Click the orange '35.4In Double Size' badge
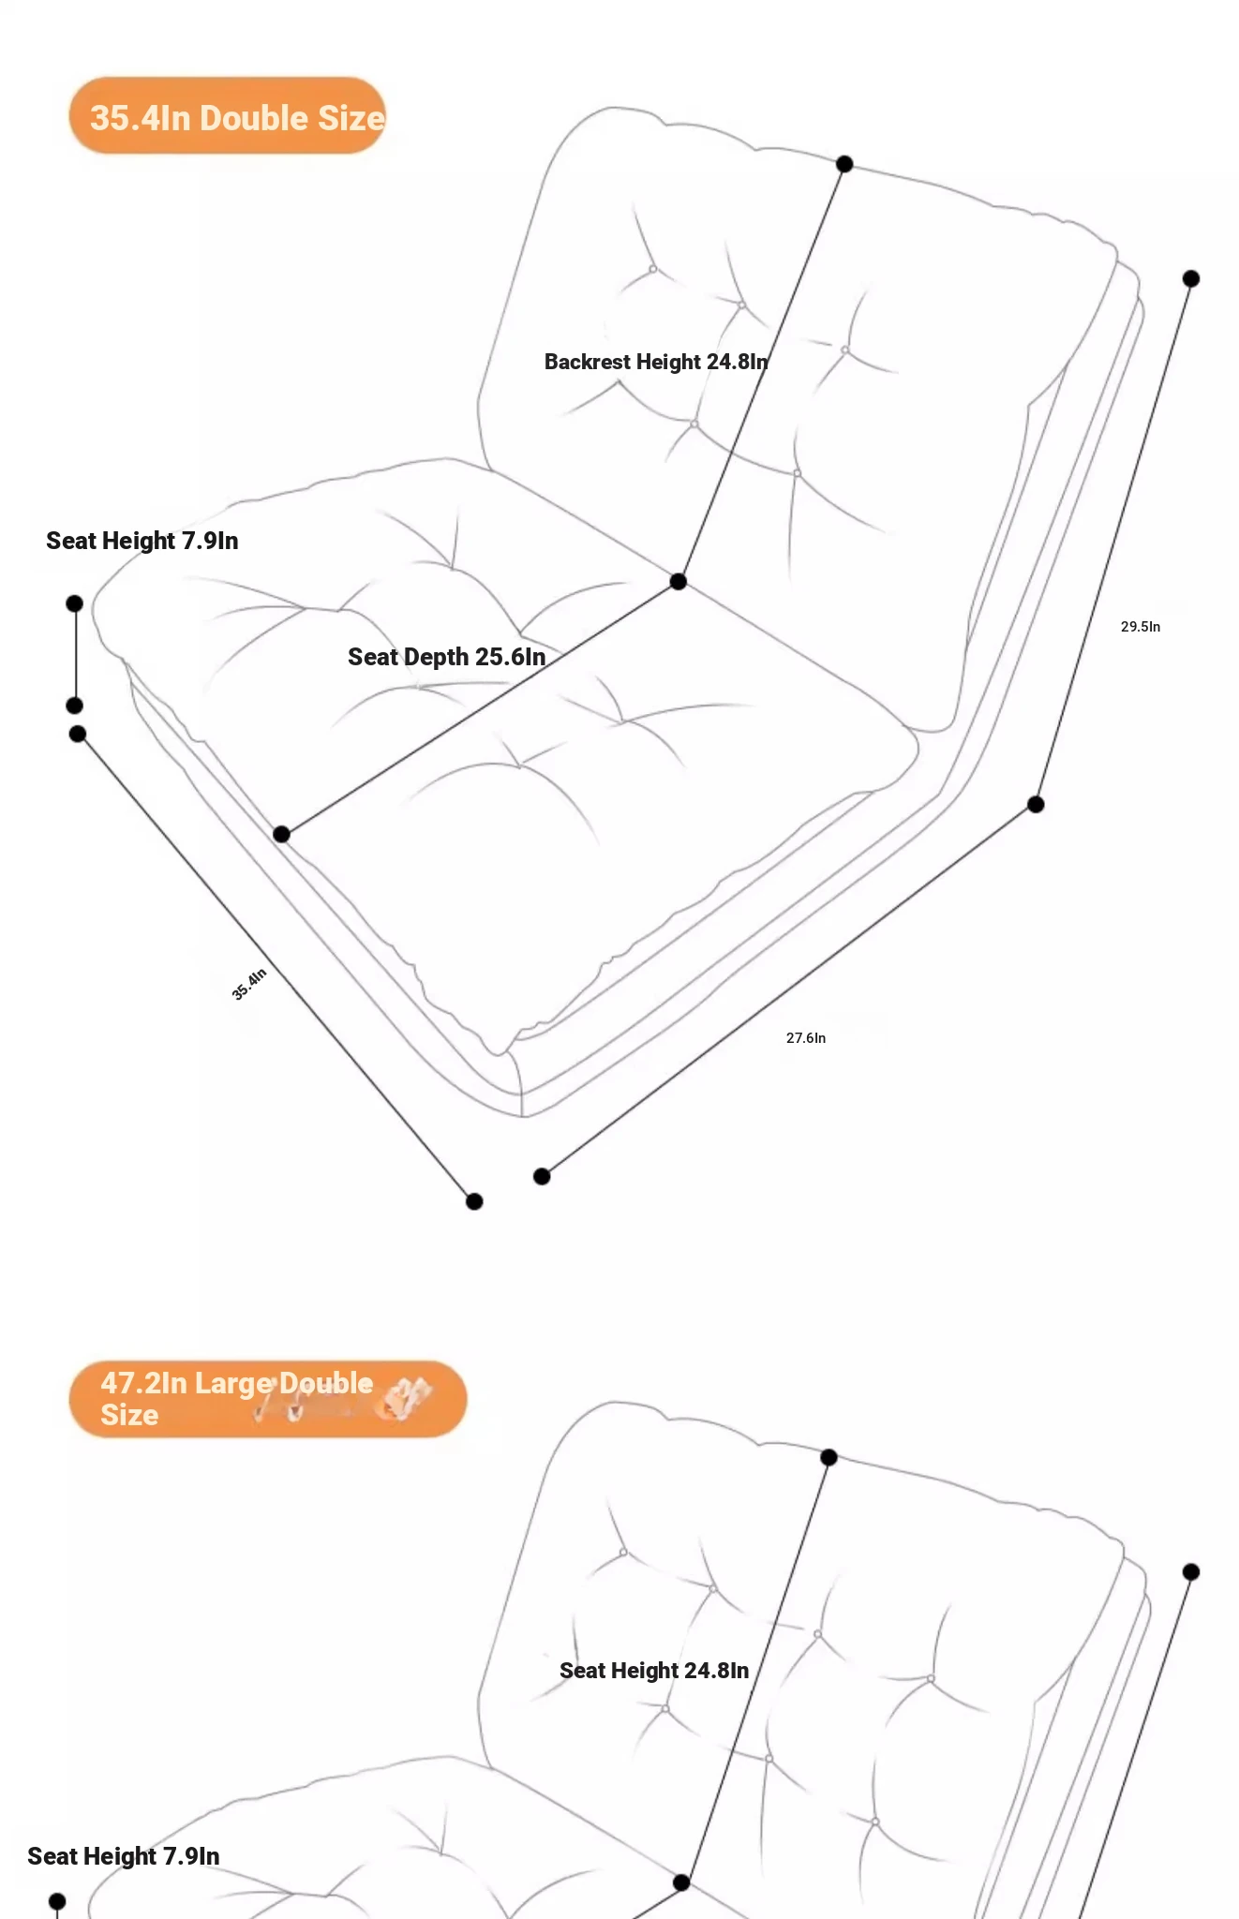point(228,116)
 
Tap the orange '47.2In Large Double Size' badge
point(267,1399)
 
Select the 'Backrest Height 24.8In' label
point(656,362)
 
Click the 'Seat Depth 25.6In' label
point(446,657)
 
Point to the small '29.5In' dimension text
point(1141,627)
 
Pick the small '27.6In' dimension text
point(806,1038)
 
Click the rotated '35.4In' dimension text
point(249,984)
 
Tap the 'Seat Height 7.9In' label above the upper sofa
point(142,541)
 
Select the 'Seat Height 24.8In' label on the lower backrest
point(654,1671)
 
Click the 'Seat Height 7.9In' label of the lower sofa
point(124,1856)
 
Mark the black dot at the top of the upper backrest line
point(844,164)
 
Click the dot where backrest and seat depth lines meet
point(679,582)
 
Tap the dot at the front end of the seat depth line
point(281,834)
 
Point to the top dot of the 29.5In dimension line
point(1191,278)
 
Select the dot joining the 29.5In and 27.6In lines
point(1036,804)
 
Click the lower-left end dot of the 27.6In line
point(542,1176)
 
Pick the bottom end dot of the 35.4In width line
point(474,1201)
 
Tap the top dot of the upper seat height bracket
point(75,603)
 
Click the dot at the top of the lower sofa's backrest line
point(828,1457)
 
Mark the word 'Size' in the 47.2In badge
point(129,1415)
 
